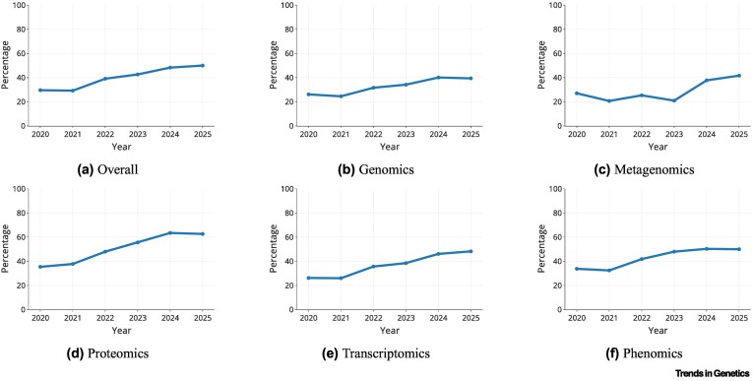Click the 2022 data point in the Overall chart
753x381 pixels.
104,79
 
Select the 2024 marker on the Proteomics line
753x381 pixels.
170,233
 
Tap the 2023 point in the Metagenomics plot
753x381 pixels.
673,100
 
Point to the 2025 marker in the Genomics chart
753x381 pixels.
471,79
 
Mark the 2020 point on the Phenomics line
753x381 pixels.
576,269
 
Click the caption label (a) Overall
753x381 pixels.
107,169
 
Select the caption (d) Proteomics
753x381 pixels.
107,353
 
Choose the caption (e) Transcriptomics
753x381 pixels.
376,353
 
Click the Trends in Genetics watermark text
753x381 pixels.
713,373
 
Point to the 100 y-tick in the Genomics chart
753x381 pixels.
287,5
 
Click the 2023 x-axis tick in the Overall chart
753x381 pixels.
138,133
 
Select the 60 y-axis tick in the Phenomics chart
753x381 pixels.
557,237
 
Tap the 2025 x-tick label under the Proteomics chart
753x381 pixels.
202,317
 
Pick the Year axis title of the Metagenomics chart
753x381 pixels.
658,146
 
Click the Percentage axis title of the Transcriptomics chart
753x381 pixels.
274,249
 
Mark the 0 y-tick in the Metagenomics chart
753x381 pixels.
559,126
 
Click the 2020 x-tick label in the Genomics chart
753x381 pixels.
308,133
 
